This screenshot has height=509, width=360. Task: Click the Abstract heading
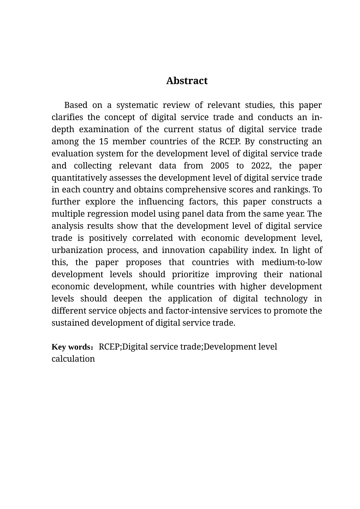(x=187, y=81)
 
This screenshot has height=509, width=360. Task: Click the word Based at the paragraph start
(x=76, y=105)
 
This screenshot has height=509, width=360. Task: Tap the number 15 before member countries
(x=104, y=141)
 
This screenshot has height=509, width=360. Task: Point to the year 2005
(x=220, y=166)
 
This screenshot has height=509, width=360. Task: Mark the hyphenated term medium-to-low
(x=292, y=262)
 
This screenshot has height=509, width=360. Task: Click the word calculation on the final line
(x=73, y=359)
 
